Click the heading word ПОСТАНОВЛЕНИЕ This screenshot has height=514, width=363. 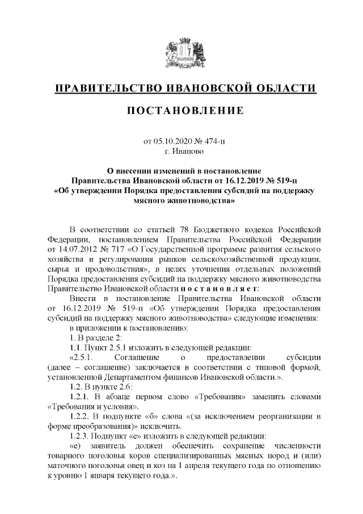pos(181,109)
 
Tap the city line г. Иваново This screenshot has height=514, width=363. pos(181,151)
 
